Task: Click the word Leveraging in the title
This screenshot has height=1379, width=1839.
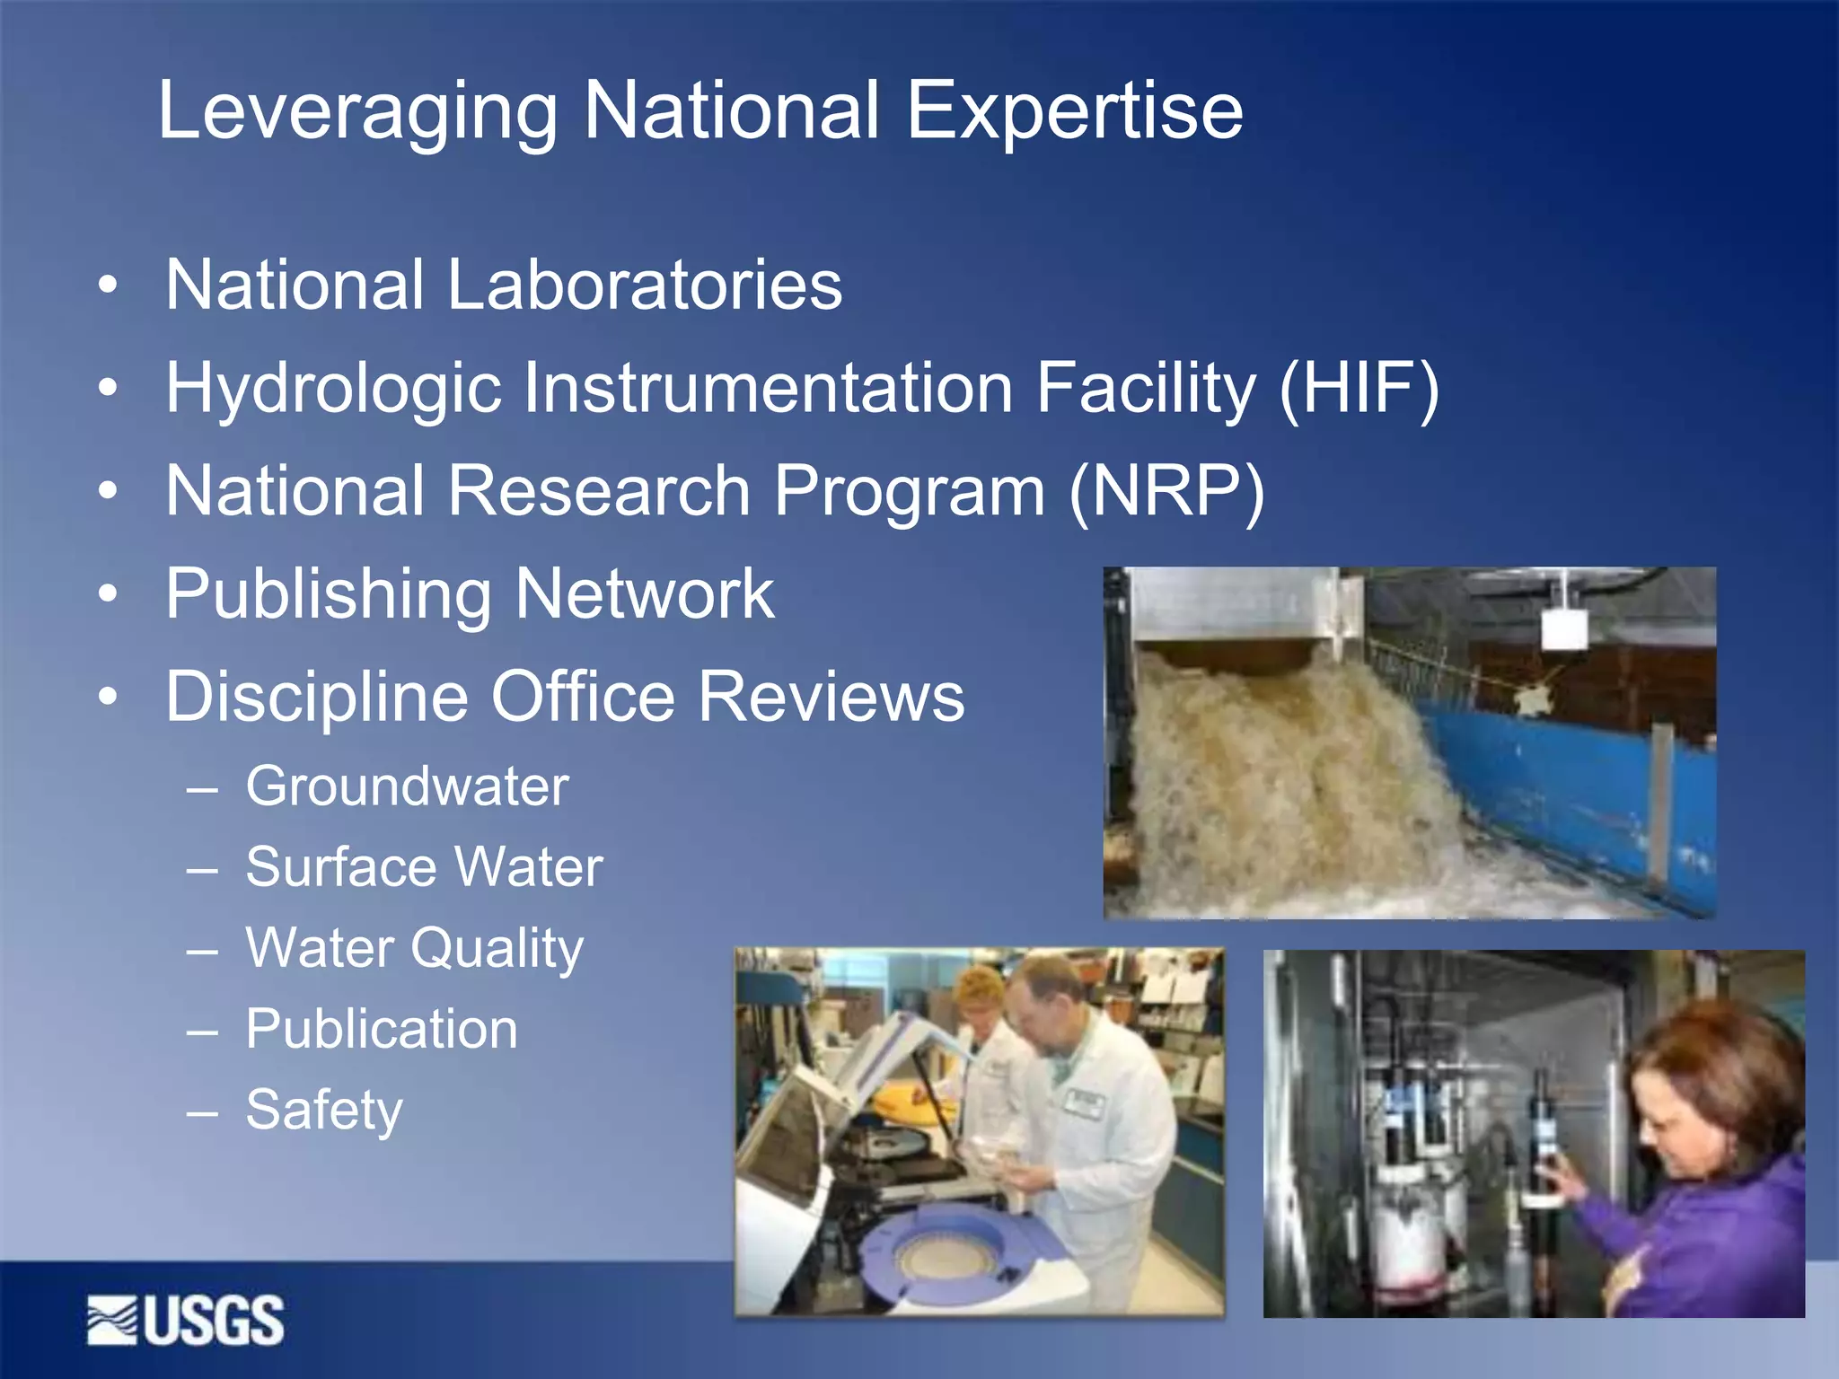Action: (x=357, y=111)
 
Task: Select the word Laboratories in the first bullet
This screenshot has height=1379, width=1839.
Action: (x=644, y=285)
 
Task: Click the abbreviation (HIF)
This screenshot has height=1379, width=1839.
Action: (x=1359, y=388)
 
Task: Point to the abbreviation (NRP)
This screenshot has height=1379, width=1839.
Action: (x=1166, y=491)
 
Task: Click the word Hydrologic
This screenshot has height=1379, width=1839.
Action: (x=333, y=390)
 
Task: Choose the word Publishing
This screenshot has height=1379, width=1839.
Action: (x=329, y=595)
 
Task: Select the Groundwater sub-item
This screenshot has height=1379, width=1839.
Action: (x=407, y=786)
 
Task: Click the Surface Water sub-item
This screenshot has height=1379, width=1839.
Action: (x=424, y=867)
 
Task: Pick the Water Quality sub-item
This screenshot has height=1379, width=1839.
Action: (x=415, y=949)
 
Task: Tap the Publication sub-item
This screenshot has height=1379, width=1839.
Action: (x=382, y=1029)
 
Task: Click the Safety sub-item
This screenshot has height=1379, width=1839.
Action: (x=324, y=1111)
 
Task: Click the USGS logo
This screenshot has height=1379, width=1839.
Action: (x=186, y=1321)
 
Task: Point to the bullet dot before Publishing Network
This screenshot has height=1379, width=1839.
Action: (x=108, y=593)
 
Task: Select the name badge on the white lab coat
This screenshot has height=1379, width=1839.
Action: (x=1084, y=1103)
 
